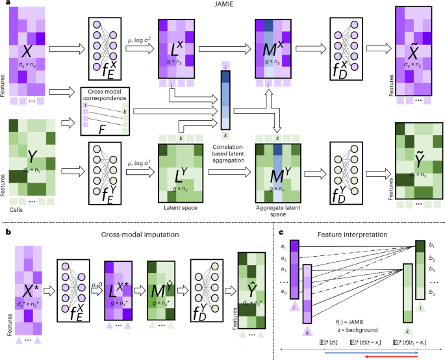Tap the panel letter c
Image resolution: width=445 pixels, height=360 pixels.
pyautogui.click(x=281, y=231)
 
